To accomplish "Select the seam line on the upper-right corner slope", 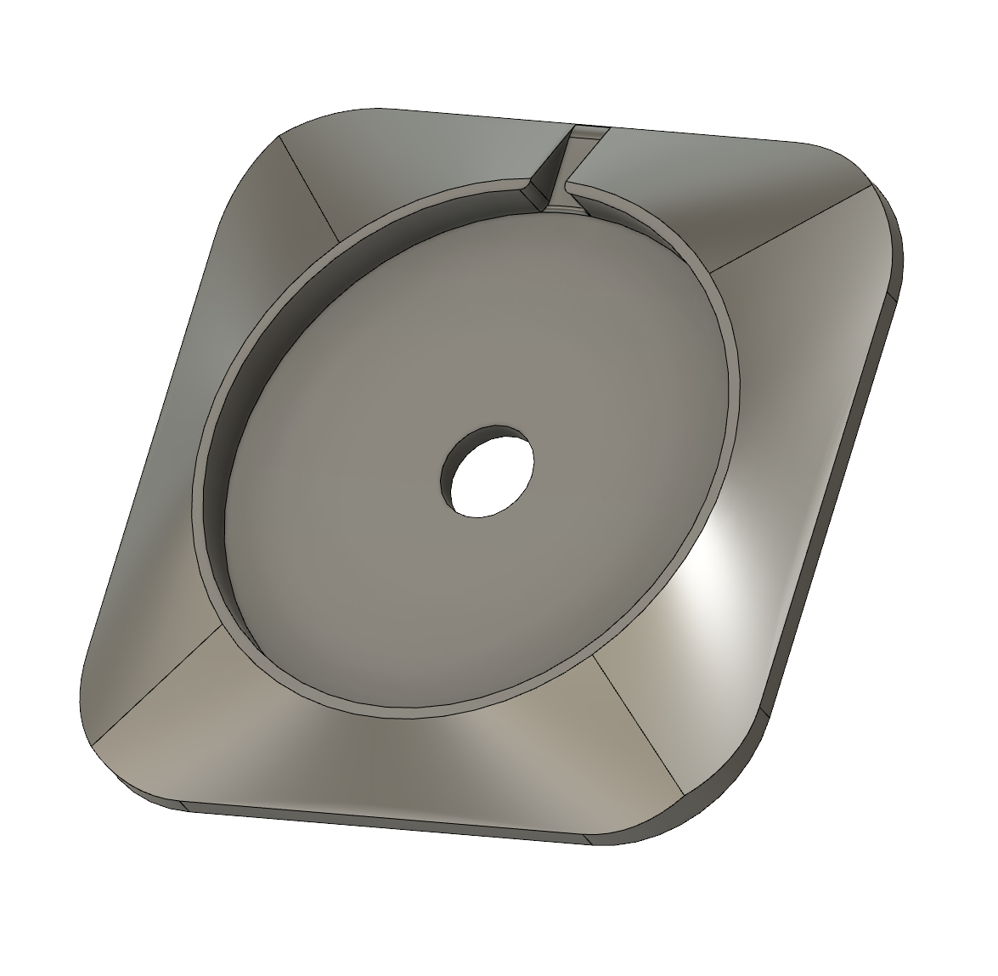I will (790, 228).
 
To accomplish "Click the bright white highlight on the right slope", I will (722, 561).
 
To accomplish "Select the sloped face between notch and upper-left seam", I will (425, 157).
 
